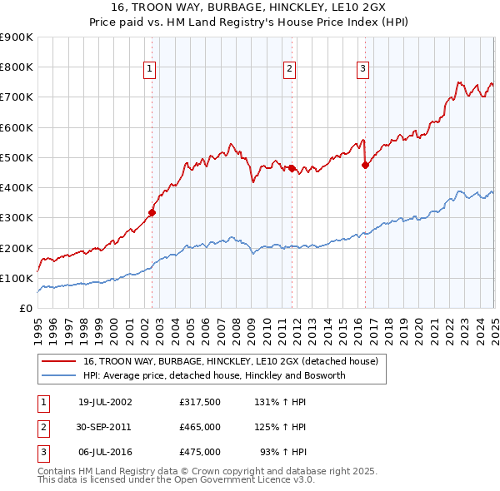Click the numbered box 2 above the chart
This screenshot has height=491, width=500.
(x=289, y=70)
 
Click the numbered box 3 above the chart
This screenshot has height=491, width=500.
(x=363, y=70)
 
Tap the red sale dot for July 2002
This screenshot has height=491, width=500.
(x=152, y=212)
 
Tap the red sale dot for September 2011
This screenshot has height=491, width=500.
(x=292, y=168)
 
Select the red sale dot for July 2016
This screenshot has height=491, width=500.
(x=365, y=165)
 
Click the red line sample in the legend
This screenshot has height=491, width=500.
(x=60, y=362)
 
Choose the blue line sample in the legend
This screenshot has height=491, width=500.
(x=60, y=376)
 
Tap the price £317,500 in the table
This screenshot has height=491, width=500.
(x=200, y=402)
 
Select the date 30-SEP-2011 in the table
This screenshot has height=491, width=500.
(x=104, y=427)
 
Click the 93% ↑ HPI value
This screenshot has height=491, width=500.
(x=282, y=452)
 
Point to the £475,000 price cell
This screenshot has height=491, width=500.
(x=200, y=452)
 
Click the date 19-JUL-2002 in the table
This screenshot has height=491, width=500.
(x=104, y=402)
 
